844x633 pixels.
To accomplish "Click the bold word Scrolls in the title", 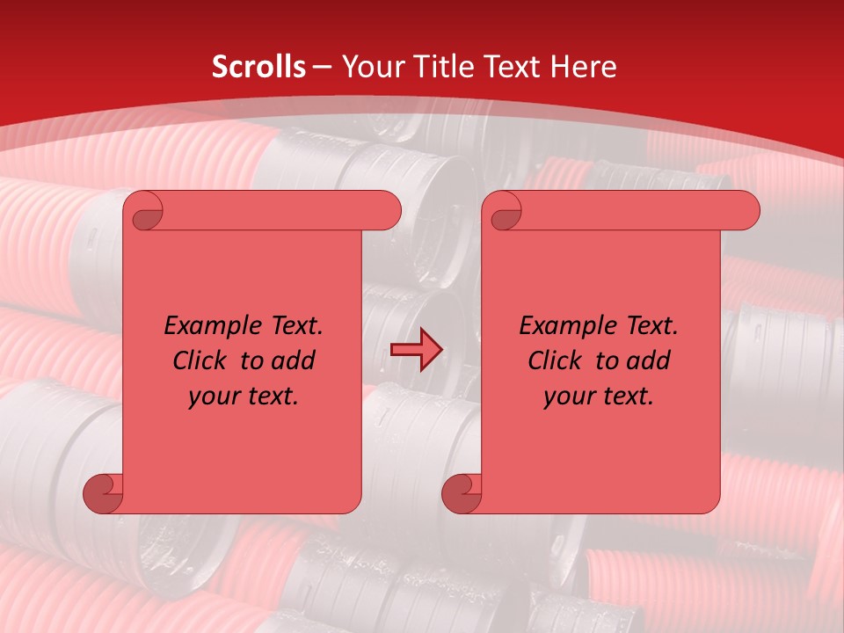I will (258, 67).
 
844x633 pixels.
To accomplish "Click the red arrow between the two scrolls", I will (416, 351).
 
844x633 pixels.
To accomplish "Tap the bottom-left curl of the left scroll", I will (104, 494).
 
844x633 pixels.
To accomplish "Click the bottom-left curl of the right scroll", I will (462, 494).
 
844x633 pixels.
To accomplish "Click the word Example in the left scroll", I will (207, 326).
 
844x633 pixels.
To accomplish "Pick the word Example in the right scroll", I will (563, 326).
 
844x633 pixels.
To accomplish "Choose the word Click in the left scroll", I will (193, 360).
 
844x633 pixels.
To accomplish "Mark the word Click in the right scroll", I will (549, 360).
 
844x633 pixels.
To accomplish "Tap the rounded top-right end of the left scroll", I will (387, 210).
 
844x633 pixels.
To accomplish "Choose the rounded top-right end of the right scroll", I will (746, 210).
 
